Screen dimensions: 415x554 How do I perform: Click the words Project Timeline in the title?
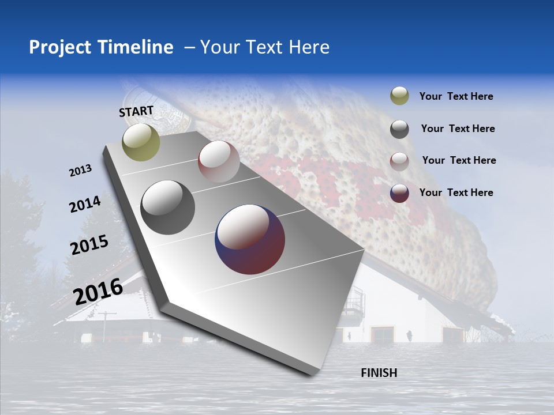(x=101, y=47)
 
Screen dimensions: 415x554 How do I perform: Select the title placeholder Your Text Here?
(x=265, y=47)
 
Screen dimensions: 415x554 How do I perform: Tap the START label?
(x=136, y=111)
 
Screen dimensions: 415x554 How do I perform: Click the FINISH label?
(x=379, y=373)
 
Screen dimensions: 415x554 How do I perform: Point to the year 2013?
(x=81, y=171)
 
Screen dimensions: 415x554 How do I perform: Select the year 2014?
(x=85, y=204)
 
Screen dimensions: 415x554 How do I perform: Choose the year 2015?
(x=89, y=245)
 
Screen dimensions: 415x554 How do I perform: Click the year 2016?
(x=98, y=291)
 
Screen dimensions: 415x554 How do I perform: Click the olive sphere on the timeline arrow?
(x=141, y=142)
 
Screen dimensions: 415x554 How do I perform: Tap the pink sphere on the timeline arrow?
(x=219, y=161)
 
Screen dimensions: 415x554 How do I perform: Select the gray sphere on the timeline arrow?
(x=167, y=207)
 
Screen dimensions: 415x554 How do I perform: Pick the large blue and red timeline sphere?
(x=250, y=239)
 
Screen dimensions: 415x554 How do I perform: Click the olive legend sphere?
(x=399, y=96)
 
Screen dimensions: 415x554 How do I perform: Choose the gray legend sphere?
(x=399, y=129)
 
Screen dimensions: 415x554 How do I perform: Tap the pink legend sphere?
(x=399, y=161)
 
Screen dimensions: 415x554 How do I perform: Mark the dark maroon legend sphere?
(x=399, y=193)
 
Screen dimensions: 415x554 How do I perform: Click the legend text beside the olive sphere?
(x=456, y=96)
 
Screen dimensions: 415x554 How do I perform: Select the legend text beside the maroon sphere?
(x=456, y=193)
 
